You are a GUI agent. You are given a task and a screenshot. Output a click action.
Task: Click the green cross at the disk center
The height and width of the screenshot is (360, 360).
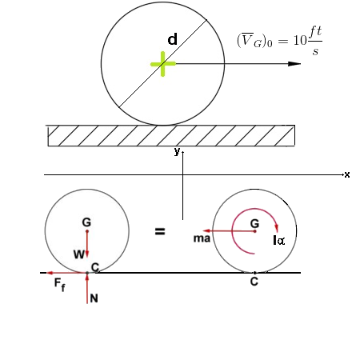[163, 64]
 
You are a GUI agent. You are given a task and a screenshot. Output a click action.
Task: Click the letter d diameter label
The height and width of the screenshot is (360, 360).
[172, 39]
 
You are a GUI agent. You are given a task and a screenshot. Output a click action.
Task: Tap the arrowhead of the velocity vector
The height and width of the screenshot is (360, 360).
[294, 64]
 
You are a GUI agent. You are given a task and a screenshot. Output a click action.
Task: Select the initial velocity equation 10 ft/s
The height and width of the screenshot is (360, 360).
[279, 41]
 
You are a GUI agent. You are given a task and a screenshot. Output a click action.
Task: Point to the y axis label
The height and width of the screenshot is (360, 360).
[177, 151]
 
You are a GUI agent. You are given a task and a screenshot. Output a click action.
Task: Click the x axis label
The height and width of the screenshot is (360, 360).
[347, 174]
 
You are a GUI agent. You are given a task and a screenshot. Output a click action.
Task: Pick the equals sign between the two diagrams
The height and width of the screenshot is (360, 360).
[160, 231]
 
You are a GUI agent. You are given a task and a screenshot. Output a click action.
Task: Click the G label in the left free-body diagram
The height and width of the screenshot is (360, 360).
[86, 222]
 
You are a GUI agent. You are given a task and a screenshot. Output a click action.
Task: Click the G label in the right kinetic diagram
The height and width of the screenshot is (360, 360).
[254, 223]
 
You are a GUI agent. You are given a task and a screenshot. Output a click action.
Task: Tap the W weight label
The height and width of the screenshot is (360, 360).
[79, 254]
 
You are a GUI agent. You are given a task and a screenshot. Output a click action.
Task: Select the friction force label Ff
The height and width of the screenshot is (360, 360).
[59, 284]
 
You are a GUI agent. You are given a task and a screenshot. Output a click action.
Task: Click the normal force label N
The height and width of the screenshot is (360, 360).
[94, 298]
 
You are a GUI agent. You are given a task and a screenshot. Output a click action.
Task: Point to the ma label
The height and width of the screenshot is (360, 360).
[202, 238]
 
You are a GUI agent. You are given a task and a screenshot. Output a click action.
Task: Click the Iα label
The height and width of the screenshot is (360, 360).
[279, 241]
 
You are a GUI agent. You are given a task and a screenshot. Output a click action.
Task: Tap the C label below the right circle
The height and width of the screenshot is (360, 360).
[254, 282]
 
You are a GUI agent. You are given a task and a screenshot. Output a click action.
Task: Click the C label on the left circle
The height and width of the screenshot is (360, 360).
[95, 267]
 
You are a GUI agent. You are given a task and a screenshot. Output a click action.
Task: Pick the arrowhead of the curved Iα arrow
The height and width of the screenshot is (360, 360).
[277, 228]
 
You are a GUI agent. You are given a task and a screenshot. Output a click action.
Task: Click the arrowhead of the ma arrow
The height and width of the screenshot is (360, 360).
[206, 231]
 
